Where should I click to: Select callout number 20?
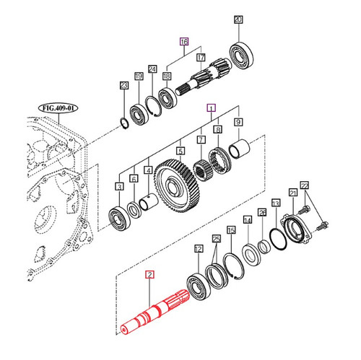(x=239, y=21)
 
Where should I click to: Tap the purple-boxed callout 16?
(x=184, y=42)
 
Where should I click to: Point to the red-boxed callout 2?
(x=149, y=274)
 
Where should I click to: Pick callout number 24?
(x=152, y=70)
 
